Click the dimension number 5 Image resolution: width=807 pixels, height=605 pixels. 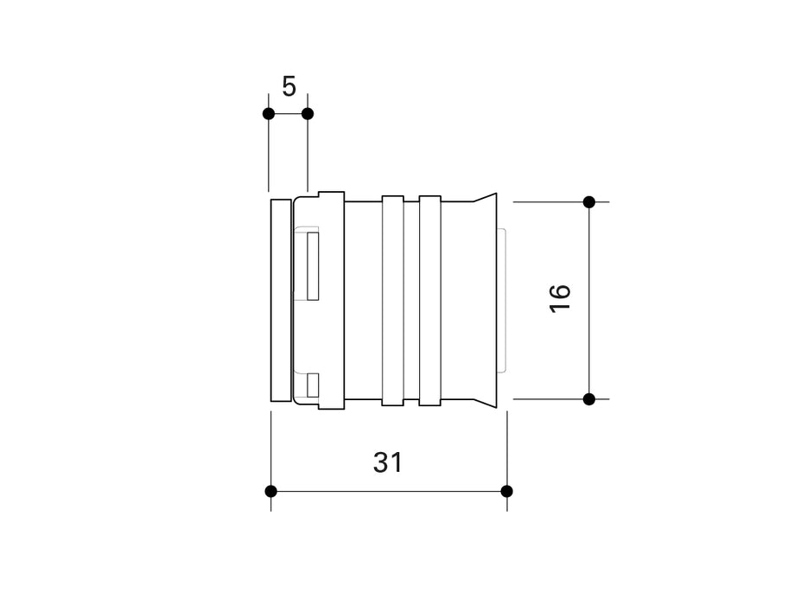pyautogui.click(x=289, y=86)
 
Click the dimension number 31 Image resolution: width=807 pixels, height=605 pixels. pyautogui.click(x=388, y=462)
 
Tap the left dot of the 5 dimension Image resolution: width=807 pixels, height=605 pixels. pyautogui.click(x=269, y=113)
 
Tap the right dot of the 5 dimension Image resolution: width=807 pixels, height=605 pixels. pyautogui.click(x=308, y=113)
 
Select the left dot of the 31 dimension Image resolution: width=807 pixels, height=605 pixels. pyautogui.click(x=271, y=491)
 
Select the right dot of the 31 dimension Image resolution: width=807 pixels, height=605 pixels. pyautogui.click(x=507, y=491)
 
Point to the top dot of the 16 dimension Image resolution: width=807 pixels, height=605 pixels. pyautogui.click(x=589, y=202)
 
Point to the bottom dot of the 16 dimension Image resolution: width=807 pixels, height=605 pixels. pyautogui.click(x=589, y=398)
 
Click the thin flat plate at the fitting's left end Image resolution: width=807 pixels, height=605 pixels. pyautogui.click(x=281, y=300)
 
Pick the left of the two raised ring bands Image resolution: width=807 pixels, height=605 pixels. pyautogui.click(x=392, y=300)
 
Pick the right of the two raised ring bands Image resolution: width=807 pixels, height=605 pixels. pyautogui.click(x=430, y=300)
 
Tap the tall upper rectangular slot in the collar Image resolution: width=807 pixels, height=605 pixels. pyautogui.click(x=313, y=266)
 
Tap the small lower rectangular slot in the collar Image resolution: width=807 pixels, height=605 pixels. pyautogui.click(x=313, y=385)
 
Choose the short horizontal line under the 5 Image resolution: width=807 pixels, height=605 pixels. pyautogui.click(x=288, y=113)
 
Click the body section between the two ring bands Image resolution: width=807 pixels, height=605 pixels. pyautogui.click(x=411, y=300)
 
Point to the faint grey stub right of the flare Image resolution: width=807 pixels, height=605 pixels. pyautogui.click(x=503, y=300)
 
